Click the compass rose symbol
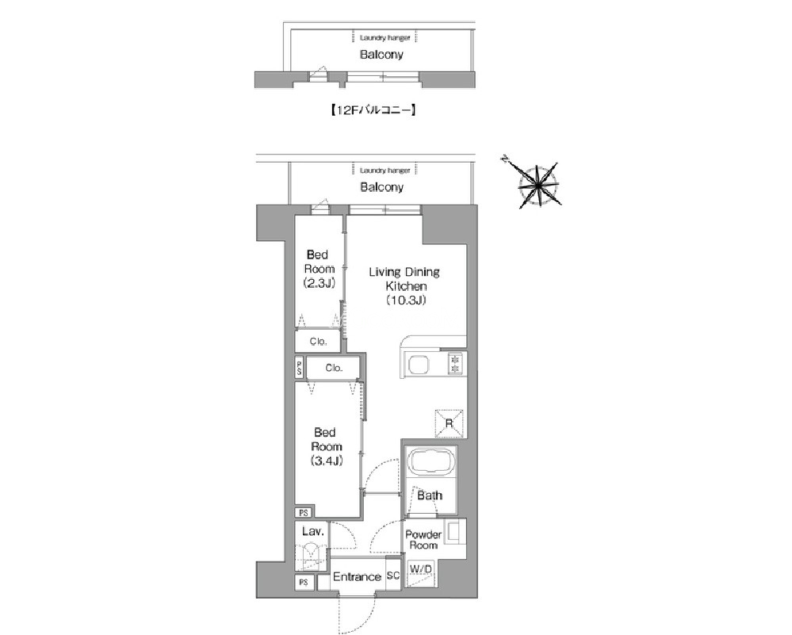538,185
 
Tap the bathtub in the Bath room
431,461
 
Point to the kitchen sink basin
419,364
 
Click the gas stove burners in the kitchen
456,364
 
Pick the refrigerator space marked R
449,423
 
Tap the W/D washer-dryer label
421,569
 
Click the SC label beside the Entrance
393,576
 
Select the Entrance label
357,577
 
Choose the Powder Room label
423,540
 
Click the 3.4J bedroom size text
327,461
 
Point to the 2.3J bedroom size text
319,283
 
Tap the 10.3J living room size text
406,300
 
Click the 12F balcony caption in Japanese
373,109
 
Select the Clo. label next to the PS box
334,368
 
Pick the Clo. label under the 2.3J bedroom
318,342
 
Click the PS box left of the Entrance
304,583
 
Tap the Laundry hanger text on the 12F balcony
385,38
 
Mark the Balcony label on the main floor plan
382,187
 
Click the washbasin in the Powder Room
453,533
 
